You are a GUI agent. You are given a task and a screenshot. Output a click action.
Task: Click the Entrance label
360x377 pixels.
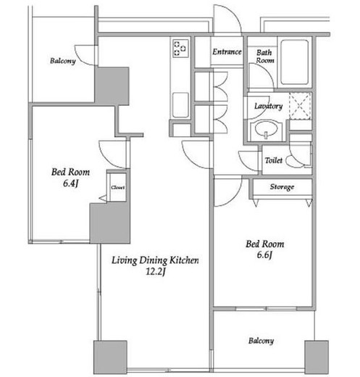click(x=227, y=51)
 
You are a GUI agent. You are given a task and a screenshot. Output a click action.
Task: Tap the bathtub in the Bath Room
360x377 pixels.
click(x=295, y=62)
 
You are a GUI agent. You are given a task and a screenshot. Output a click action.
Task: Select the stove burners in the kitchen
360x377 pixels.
click(x=180, y=49)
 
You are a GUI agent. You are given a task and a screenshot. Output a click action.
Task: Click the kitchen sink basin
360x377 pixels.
click(x=180, y=105)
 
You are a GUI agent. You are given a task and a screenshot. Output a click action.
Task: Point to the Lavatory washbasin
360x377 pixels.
click(x=266, y=130)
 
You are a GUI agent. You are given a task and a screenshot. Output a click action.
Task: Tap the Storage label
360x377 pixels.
click(x=282, y=187)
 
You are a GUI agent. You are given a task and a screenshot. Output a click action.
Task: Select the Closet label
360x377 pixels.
click(x=118, y=187)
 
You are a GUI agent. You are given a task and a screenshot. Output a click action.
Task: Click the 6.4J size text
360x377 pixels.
click(x=70, y=183)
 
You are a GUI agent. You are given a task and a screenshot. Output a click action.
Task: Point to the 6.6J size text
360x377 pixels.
click(x=265, y=255)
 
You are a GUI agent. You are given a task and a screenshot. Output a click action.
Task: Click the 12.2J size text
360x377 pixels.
click(x=156, y=272)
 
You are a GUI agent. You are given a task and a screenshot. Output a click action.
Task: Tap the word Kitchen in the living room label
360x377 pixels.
click(x=184, y=260)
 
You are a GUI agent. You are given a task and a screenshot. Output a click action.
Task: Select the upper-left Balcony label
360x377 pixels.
click(x=63, y=61)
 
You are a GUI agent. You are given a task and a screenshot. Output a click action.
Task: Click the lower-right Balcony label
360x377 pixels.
click(x=261, y=341)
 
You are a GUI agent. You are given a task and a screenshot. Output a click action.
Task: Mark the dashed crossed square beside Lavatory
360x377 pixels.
click(x=300, y=106)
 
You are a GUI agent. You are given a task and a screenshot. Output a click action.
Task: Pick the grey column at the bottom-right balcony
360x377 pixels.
click(x=317, y=357)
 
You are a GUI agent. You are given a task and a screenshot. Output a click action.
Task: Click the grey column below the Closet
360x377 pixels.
click(x=110, y=223)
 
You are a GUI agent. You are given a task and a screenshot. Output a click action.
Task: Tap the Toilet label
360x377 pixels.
click(x=274, y=160)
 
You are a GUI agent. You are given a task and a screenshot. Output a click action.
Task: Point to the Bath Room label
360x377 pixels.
click(x=265, y=57)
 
